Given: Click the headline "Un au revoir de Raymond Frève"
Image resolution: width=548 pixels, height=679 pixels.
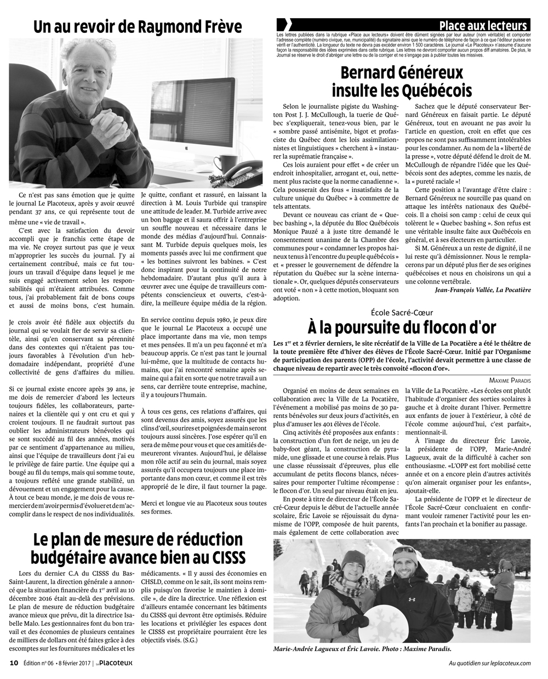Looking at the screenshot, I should coord(137,27).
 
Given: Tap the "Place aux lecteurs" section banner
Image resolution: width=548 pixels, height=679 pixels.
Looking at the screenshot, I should coord(483,26).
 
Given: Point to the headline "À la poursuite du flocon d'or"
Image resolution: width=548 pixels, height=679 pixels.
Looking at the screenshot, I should coord(402,328).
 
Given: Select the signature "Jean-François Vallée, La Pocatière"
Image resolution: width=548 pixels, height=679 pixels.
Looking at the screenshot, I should coord(482,289).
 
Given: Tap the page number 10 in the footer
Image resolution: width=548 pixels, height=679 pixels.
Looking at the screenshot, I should coord(14,663).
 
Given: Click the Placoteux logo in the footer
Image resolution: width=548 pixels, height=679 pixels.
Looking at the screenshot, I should coord(115,663).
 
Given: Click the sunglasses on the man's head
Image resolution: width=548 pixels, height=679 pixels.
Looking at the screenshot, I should coord(406,550).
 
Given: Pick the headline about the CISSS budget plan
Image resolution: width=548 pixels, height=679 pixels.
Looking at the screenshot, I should coord(137,548).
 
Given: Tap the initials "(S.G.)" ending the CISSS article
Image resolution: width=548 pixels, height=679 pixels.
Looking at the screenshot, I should coord(187,640).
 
